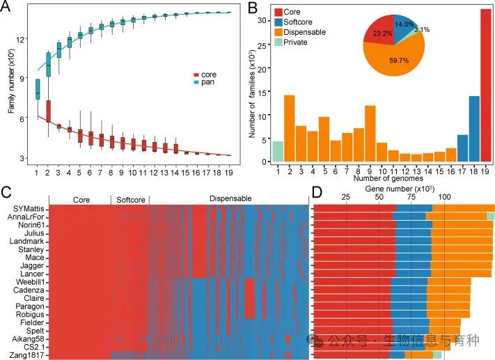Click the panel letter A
tap(8, 9)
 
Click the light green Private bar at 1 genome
tap(277, 151)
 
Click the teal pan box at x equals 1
tap(37, 90)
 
